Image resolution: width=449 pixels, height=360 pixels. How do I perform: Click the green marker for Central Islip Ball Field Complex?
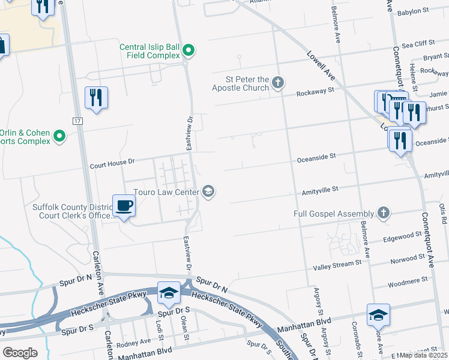point(188,50)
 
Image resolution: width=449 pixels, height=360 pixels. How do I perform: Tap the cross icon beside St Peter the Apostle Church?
point(277,82)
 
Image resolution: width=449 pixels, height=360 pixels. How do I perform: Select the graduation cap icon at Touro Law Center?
point(208,191)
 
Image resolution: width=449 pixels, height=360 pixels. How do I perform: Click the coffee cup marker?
point(124,206)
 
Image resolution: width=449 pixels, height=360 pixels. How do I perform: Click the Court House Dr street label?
point(113,162)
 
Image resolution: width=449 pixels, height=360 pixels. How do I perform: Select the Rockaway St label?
point(315,91)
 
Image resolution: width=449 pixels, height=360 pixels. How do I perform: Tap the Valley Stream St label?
point(337,263)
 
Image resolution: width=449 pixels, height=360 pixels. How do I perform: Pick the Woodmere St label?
point(407,279)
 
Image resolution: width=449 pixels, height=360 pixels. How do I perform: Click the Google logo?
point(20,353)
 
